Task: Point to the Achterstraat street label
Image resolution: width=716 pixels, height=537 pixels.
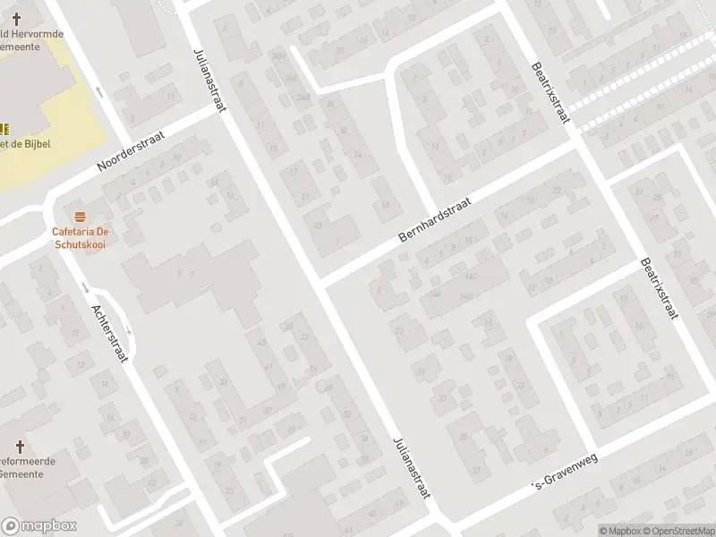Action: click(x=111, y=332)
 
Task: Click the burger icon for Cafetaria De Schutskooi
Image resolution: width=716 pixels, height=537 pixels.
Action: click(x=81, y=216)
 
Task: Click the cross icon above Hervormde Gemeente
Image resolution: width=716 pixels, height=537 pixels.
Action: click(x=15, y=18)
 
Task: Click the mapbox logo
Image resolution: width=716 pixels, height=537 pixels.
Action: click(x=38, y=526)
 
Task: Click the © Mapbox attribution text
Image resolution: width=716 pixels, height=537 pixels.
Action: click(x=618, y=531)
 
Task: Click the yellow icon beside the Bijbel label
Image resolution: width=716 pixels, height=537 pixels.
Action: click(x=3, y=126)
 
